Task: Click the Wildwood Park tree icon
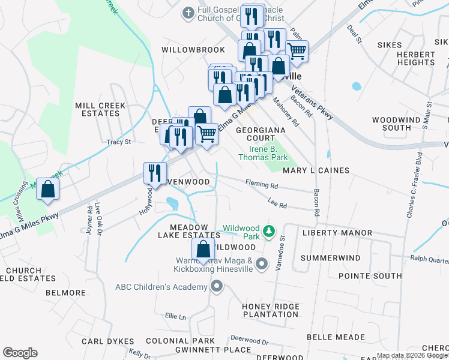(x=270, y=230)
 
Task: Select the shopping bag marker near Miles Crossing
(x=47, y=189)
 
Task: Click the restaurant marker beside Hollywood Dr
(x=155, y=173)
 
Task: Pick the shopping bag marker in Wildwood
(x=203, y=249)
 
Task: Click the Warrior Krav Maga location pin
(x=261, y=263)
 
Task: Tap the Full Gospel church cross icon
(x=188, y=11)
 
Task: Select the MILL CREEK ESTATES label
(x=100, y=109)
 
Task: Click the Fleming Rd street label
(x=261, y=185)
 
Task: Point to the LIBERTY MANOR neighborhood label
(x=337, y=233)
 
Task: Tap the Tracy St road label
(x=118, y=142)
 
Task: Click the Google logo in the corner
(x=20, y=353)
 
